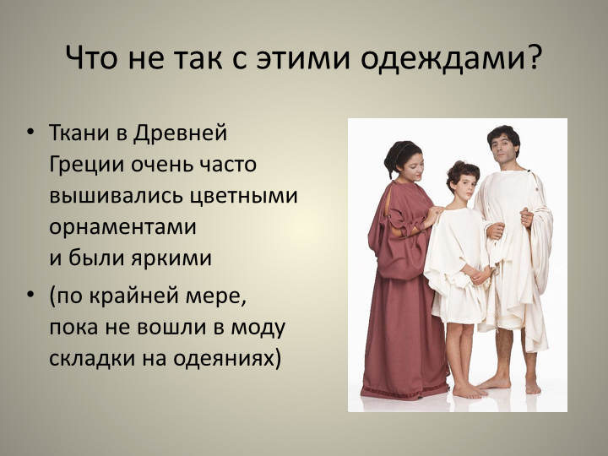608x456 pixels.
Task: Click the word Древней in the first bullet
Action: [x=181, y=133]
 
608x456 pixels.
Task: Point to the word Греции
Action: [x=87, y=165]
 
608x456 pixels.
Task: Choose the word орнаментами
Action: [x=122, y=227]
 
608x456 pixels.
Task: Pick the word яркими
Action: [x=171, y=258]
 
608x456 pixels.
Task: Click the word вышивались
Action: [x=121, y=195]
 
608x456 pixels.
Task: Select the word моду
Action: [x=258, y=328]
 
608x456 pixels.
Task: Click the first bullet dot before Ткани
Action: [x=30, y=132]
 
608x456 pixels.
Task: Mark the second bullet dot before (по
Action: [x=30, y=295]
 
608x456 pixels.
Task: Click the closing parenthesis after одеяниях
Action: [x=276, y=357]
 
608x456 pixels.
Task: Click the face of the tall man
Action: [x=504, y=148]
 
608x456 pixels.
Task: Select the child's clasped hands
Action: [x=480, y=275]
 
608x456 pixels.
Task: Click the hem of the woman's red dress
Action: [x=404, y=392]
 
